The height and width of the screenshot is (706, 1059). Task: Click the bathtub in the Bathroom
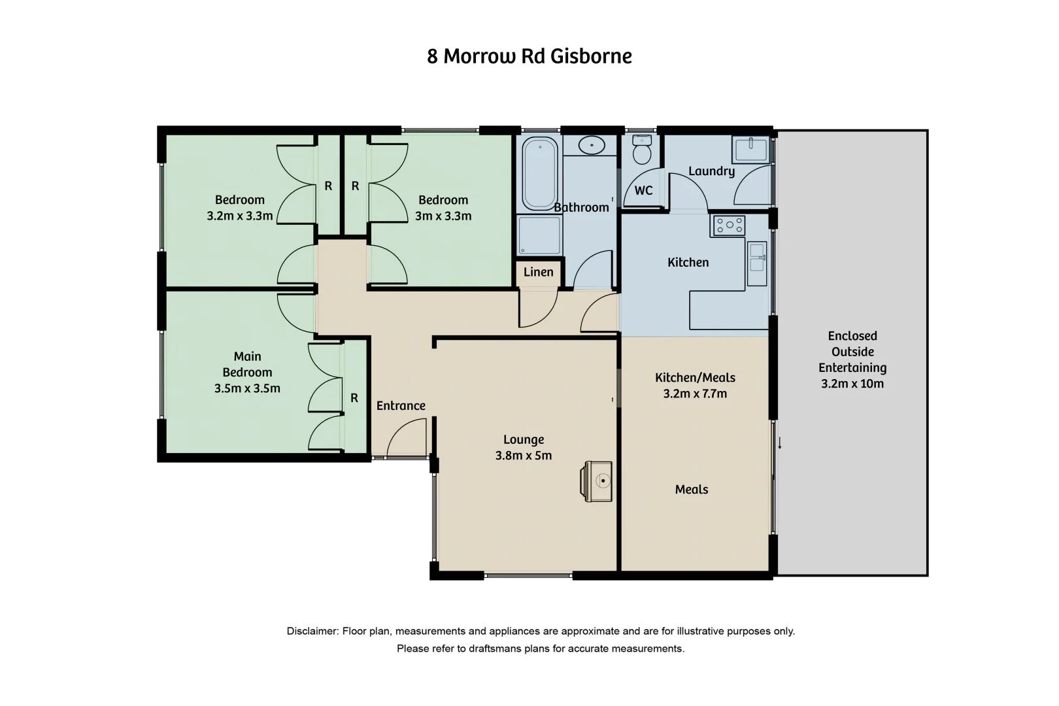[x=539, y=173]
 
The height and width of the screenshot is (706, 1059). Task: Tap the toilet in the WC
[x=643, y=152]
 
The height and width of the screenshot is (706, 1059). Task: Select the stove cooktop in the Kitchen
[x=729, y=226]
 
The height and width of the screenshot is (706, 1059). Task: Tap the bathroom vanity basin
[x=592, y=145]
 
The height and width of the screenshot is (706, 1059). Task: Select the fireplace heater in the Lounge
[x=598, y=481]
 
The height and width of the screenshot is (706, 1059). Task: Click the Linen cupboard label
[x=538, y=272]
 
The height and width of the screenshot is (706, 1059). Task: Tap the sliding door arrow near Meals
[x=780, y=444]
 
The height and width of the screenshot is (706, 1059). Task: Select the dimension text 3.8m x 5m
[x=524, y=456]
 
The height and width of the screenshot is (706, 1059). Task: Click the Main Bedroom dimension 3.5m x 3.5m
[x=247, y=388]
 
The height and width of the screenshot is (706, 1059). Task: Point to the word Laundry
[x=711, y=171]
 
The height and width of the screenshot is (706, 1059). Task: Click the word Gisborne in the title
[x=591, y=56]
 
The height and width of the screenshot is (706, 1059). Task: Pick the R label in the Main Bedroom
[x=354, y=397]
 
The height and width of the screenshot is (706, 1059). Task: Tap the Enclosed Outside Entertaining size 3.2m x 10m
[x=852, y=384]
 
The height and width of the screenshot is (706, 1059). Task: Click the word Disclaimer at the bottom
[x=312, y=631]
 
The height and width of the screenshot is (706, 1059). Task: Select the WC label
[x=643, y=190]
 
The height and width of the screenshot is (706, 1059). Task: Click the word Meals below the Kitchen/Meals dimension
[x=692, y=489]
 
